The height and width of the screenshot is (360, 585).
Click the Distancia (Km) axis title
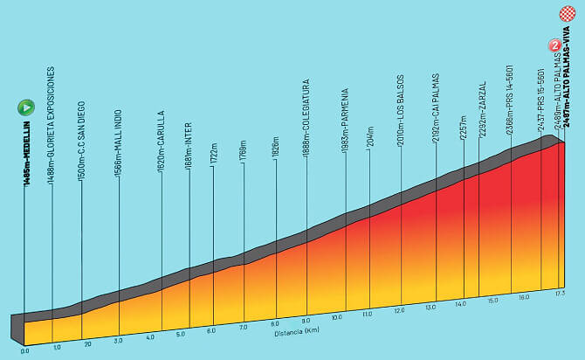tap(290, 333)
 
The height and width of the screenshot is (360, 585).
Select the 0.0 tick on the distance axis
tap(24, 350)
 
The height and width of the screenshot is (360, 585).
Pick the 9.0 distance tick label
tap(306, 321)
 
